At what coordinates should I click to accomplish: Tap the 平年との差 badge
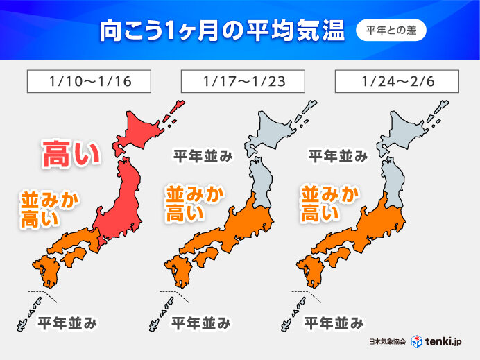[391, 31]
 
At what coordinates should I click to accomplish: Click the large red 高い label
[71, 153]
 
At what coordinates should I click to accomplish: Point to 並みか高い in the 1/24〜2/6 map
[329, 203]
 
